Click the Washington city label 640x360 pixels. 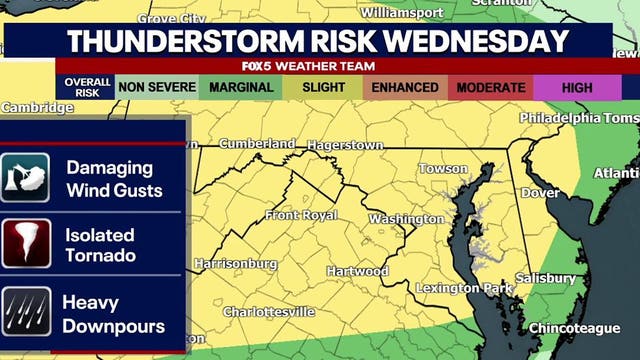pyautogui.click(x=406, y=219)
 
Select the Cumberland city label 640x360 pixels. pyautogui.click(x=257, y=143)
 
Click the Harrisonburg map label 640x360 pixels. pyautogui.click(x=235, y=264)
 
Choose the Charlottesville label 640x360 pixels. pyautogui.click(x=269, y=312)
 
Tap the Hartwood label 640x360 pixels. pyautogui.click(x=357, y=271)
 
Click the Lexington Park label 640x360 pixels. pyautogui.click(x=463, y=288)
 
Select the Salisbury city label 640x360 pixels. pyautogui.click(x=545, y=278)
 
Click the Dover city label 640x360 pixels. pyautogui.click(x=541, y=191)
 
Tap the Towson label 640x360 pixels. pyautogui.click(x=443, y=168)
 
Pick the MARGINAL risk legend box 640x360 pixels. pyautogui.click(x=240, y=87)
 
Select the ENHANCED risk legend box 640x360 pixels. pyautogui.click(x=405, y=87)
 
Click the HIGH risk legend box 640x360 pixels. pyautogui.click(x=577, y=87)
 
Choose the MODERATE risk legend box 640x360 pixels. pyautogui.click(x=490, y=87)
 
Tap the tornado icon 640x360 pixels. pyautogui.click(x=26, y=243)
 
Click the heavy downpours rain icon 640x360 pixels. pyautogui.click(x=26, y=311)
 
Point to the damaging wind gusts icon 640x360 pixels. pyautogui.click(x=26, y=177)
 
